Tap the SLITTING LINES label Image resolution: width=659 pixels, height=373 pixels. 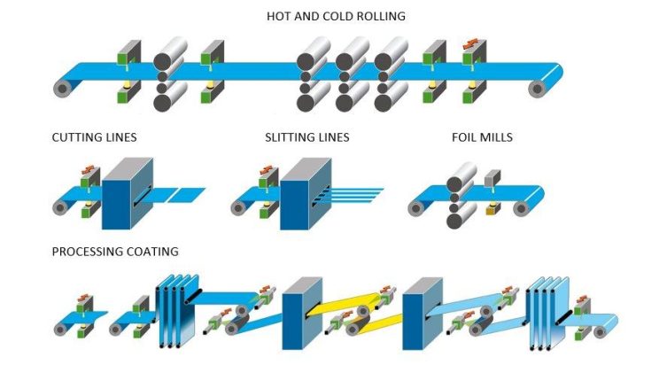coord(307,137)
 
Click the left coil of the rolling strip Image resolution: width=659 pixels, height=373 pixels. coord(61,88)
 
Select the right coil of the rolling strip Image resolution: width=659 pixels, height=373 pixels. coord(538,88)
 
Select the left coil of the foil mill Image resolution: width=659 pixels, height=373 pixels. coord(415,208)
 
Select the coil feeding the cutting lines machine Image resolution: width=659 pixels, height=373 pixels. coord(61,208)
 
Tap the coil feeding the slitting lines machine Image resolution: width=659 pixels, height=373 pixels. coord(238,208)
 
